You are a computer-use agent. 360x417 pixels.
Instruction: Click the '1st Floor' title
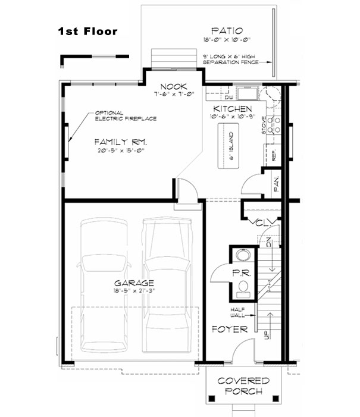tap(87, 32)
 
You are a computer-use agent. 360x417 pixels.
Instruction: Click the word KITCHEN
tap(233, 109)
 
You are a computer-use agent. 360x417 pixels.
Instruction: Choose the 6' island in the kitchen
tap(230, 151)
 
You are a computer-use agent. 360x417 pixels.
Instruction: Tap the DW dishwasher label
tap(228, 97)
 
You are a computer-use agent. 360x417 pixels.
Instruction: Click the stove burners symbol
tap(275, 124)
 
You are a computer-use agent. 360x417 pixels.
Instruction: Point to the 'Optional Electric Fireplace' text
tap(125, 115)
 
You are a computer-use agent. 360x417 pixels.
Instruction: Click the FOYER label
tap(226, 328)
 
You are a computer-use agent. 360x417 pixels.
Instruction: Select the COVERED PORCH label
tap(243, 386)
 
